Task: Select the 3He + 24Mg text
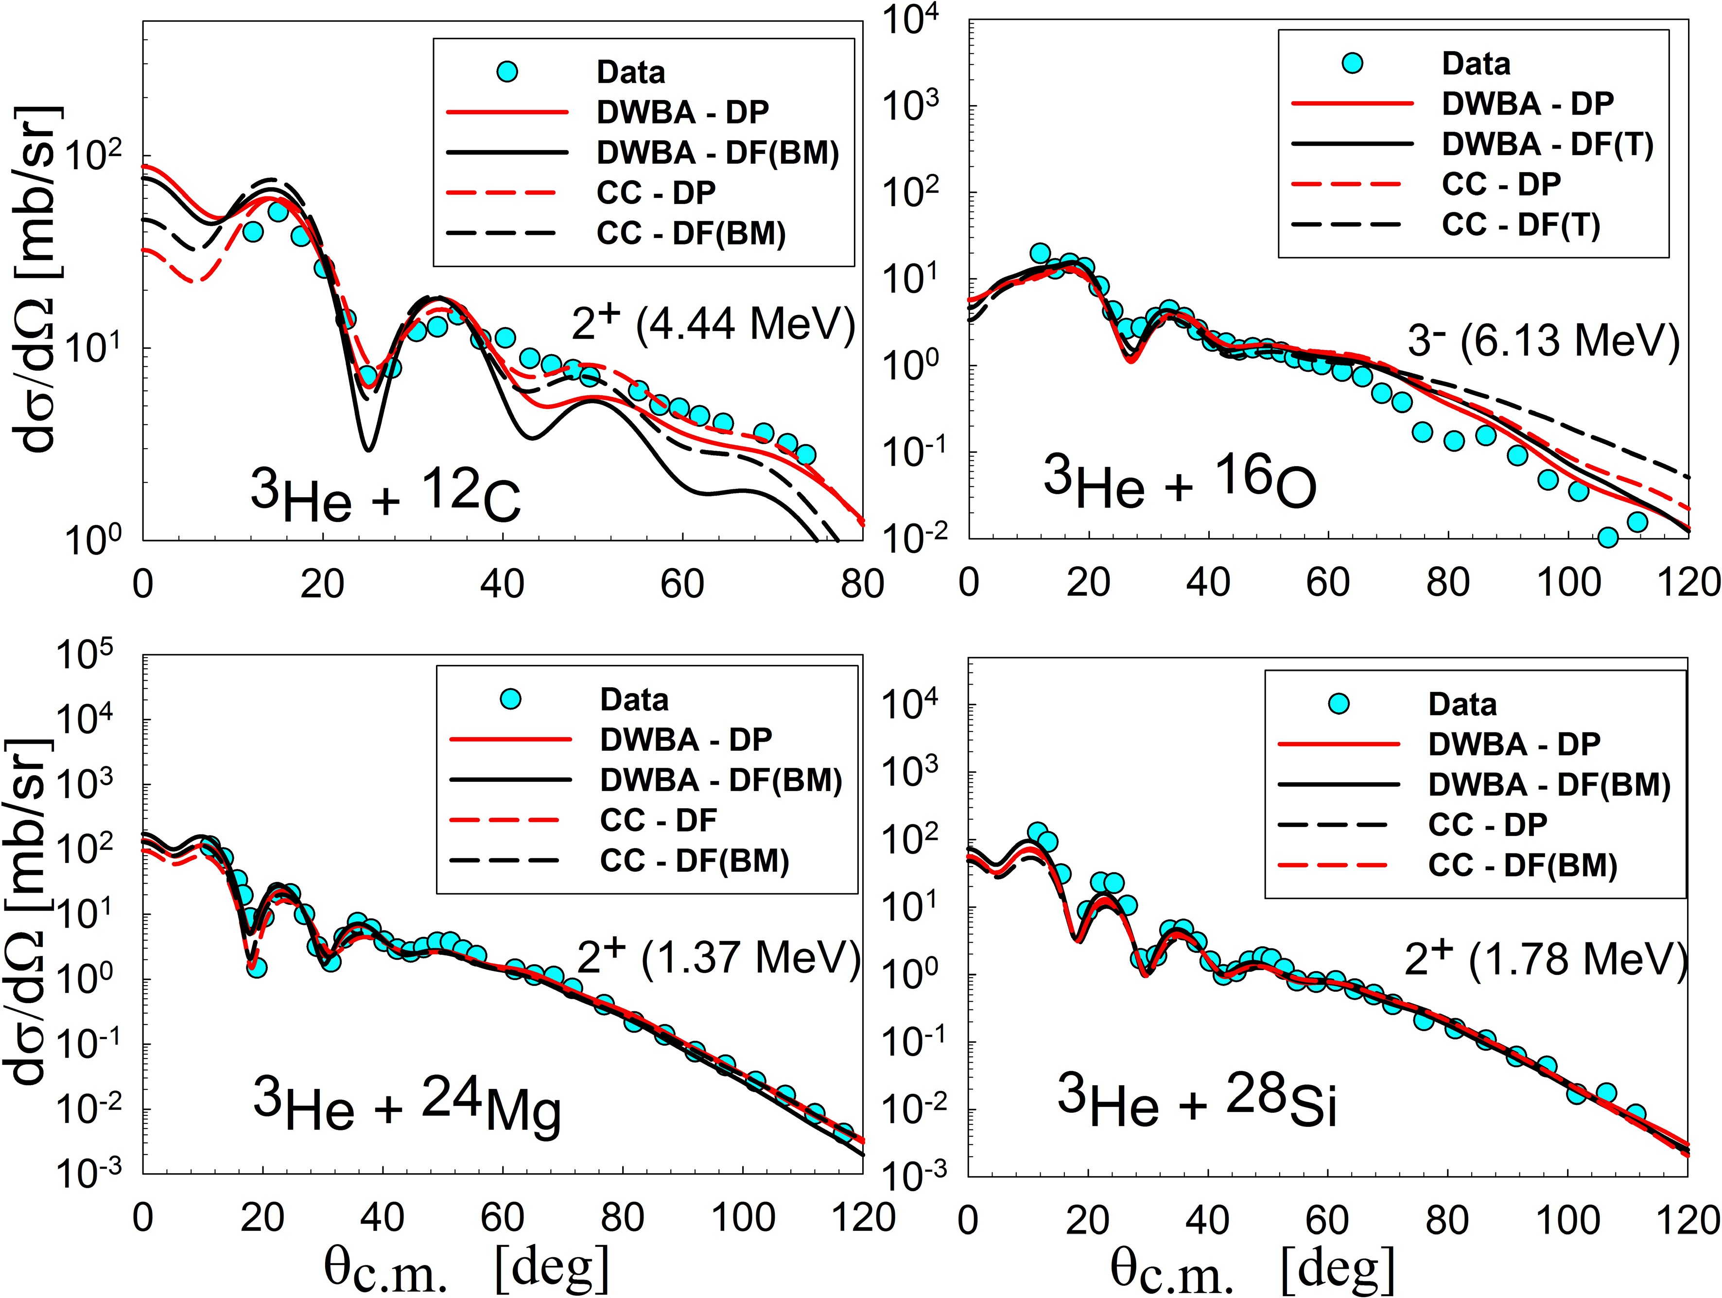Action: (x=406, y=1106)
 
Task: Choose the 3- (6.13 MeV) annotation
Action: (x=1543, y=340)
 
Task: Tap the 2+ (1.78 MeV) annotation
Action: (x=1545, y=959)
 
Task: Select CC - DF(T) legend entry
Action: (x=1520, y=225)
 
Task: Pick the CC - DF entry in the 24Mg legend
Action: (x=658, y=819)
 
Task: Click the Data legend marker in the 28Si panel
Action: (x=1338, y=704)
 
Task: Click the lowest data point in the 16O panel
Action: (x=1608, y=537)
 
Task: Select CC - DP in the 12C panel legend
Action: (x=656, y=192)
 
